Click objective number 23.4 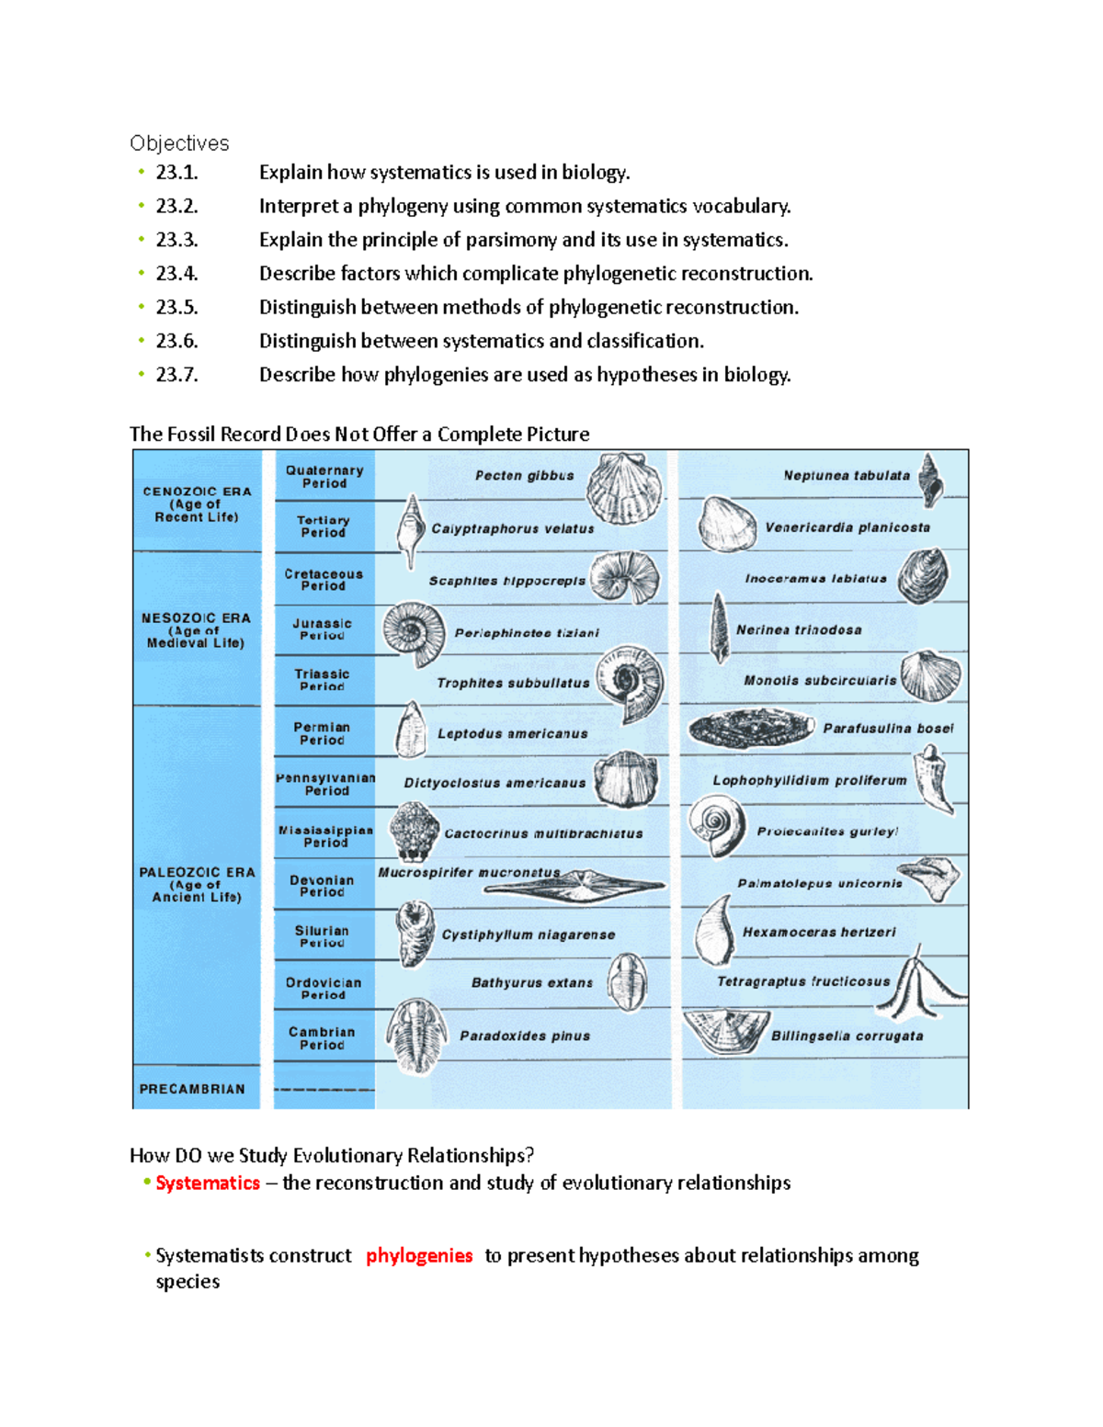(x=176, y=274)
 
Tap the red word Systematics (x=208, y=1184)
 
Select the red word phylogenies (x=419, y=1256)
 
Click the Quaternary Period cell (x=324, y=476)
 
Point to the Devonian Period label (x=322, y=886)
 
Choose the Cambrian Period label (x=322, y=1038)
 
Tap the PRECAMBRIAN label (x=192, y=1089)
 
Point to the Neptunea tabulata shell (x=931, y=479)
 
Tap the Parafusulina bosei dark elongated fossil (x=751, y=730)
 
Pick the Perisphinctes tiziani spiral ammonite (x=414, y=634)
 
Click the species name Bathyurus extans (x=532, y=983)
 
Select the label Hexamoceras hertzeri (x=819, y=933)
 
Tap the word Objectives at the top (x=179, y=143)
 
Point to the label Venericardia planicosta (x=847, y=528)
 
